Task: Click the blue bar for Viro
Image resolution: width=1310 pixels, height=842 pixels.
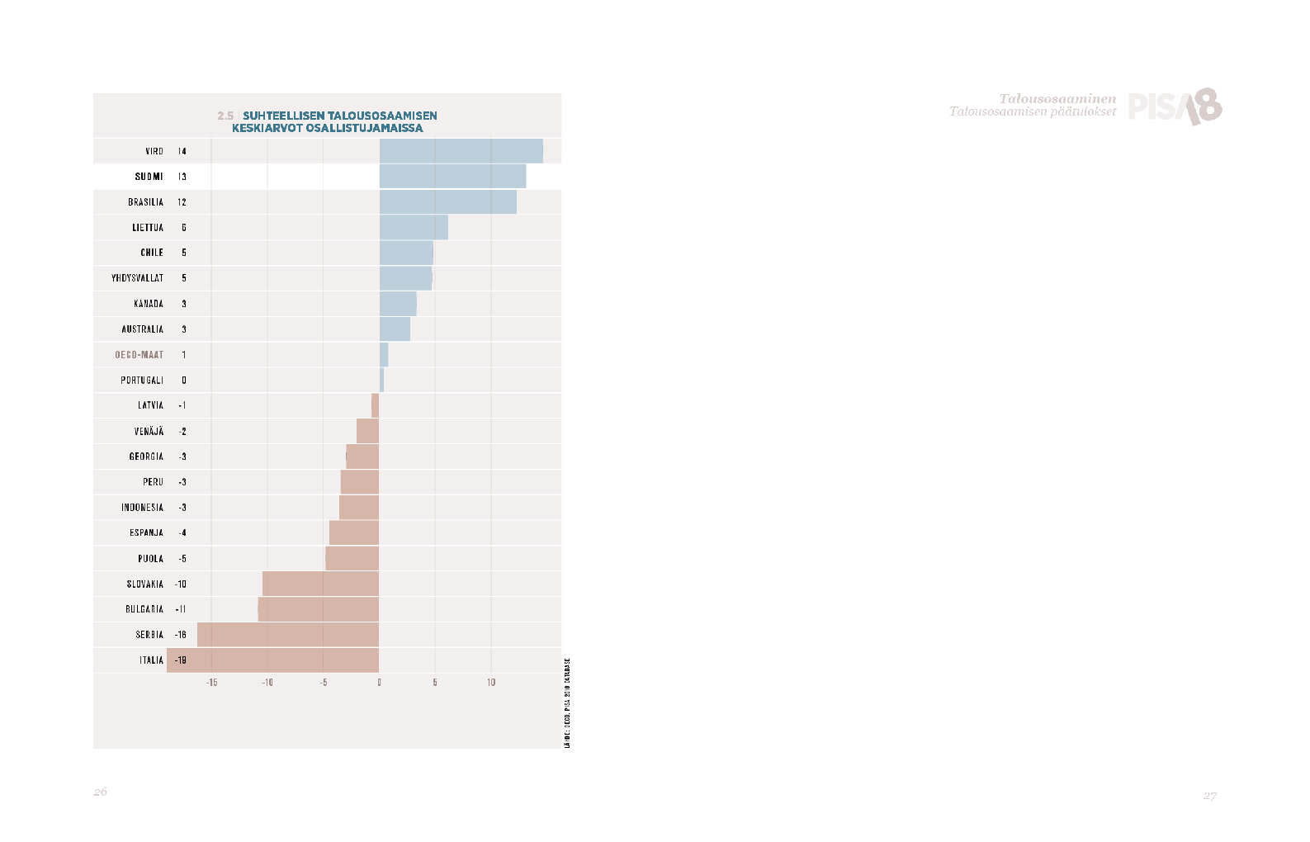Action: click(461, 151)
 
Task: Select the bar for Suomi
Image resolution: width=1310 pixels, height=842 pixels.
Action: click(452, 176)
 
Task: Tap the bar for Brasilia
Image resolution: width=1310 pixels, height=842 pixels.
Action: click(447, 201)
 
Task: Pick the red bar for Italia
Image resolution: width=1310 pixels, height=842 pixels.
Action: click(272, 660)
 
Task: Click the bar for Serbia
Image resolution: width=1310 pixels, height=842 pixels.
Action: click(287, 635)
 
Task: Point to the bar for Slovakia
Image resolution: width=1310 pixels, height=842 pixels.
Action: click(320, 584)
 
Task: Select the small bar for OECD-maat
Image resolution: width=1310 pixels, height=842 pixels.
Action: click(384, 355)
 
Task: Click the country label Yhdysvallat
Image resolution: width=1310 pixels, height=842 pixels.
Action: click(137, 278)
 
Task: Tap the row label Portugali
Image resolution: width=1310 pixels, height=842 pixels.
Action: click(142, 381)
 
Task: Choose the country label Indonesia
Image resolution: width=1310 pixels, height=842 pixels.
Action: click(142, 508)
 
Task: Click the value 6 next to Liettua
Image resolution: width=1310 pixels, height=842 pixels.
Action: click(184, 228)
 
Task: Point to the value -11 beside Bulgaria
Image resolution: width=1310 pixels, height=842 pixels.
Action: click(181, 609)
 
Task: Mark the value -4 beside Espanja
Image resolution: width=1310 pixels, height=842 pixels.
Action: click(182, 533)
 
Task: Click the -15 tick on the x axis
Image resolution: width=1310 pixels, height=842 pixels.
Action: click(211, 683)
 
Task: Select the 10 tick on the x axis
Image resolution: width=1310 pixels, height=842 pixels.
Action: click(491, 683)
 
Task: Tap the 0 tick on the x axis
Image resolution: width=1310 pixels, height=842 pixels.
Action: click(379, 683)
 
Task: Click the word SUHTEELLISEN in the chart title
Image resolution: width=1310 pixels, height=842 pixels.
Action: click(283, 116)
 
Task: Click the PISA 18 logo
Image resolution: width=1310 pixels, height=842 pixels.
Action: click(1175, 106)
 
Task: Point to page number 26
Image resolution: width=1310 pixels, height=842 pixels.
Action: click(100, 792)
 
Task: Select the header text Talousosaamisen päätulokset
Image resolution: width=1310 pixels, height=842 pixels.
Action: click(1032, 111)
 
